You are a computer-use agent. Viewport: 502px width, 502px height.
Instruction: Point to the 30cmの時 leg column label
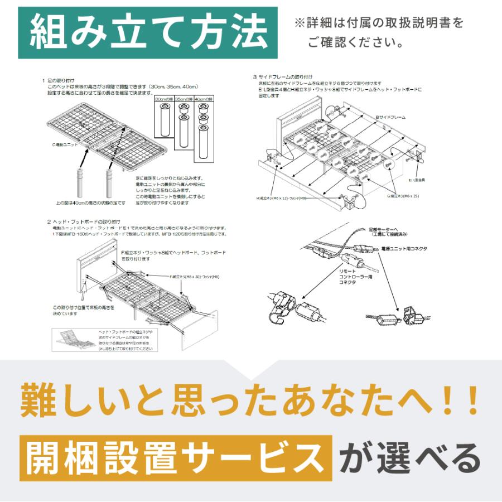(163, 99)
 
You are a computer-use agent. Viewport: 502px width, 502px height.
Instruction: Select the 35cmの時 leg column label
(184, 99)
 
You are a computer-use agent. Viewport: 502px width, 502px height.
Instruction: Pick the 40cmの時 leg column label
(204, 99)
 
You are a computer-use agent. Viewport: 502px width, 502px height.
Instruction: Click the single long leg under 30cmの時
(163, 120)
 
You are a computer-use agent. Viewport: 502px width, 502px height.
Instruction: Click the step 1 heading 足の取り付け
(61, 81)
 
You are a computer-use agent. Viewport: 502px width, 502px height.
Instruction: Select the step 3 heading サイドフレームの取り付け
(284, 76)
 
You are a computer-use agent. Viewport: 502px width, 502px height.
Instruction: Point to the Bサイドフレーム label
(390, 117)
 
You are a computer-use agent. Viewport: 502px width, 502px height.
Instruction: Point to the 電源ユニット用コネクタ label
(400, 248)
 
